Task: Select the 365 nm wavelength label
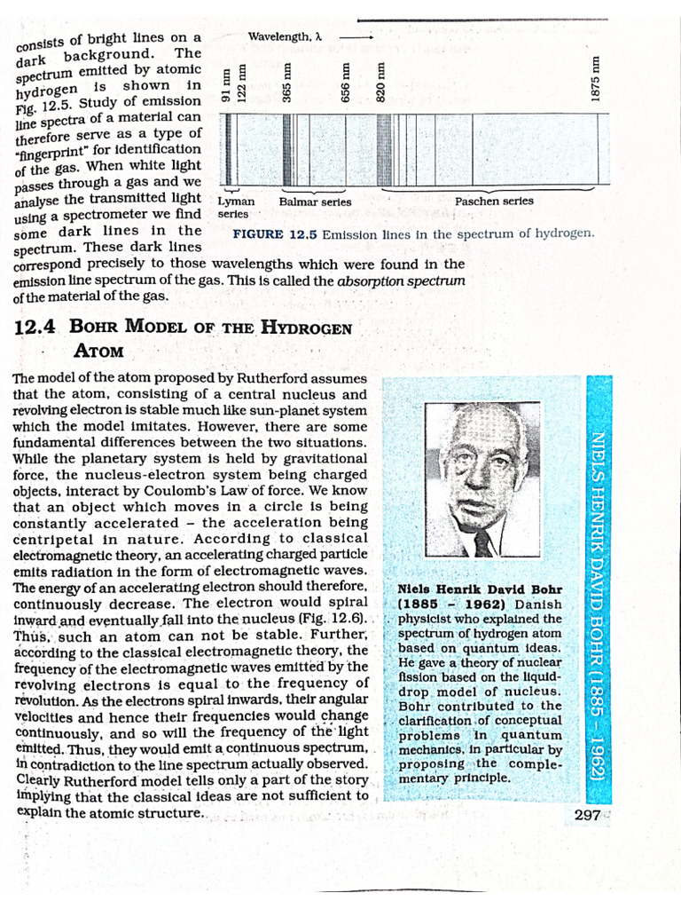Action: tap(287, 82)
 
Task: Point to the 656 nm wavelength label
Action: tap(347, 83)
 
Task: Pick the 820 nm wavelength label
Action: tap(381, 82)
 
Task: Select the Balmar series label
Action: tap(315, 202)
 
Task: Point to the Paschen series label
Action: tap(494, 202)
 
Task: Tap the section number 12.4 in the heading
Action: tap(35, 327)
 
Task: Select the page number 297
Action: tap(586, 815)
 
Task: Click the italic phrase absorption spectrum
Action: tap(401, 281)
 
